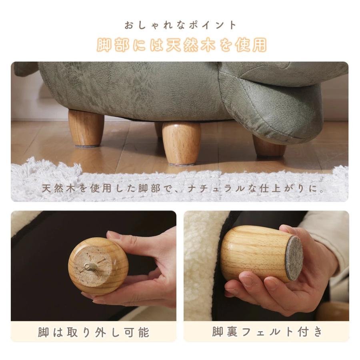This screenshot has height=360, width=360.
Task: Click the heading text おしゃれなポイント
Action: tap(180, 25)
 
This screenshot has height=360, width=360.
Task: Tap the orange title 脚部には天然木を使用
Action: tap(182, 45)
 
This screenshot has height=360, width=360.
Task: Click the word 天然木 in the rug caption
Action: tap(59, 188)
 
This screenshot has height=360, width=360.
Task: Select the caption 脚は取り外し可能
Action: tap(94, 332)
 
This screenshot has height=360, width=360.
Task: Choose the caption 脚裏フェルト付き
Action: tap(267, 332)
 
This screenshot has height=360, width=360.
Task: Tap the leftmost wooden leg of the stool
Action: tap(86, 128)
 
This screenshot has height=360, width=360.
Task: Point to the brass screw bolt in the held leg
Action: tap(90, 267)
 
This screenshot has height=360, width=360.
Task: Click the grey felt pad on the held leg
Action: tap(294, 258)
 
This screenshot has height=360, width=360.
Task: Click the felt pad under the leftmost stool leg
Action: tap(88, 146)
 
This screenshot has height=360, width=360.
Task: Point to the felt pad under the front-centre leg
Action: tap(182, 164)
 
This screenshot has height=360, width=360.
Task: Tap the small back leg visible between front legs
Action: tap(158, 130)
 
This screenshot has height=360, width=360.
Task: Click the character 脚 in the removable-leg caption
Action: tap(43, 332)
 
